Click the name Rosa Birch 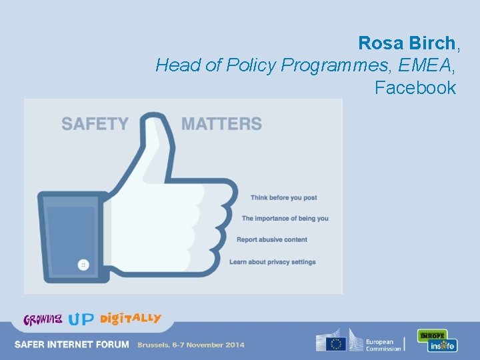point(407,43)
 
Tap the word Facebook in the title point(415,87)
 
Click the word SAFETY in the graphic point(95,124)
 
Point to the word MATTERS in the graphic point(221,124)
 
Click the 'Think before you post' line point(283,197)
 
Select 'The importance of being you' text point(285,219)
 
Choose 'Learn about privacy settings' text point(272,262)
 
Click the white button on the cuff point(83,265)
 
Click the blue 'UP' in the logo point(81,319)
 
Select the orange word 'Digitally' point(131,318)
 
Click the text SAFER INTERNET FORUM point(72,345)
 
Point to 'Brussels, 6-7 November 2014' point(191,345)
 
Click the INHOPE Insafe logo point(437,341)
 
